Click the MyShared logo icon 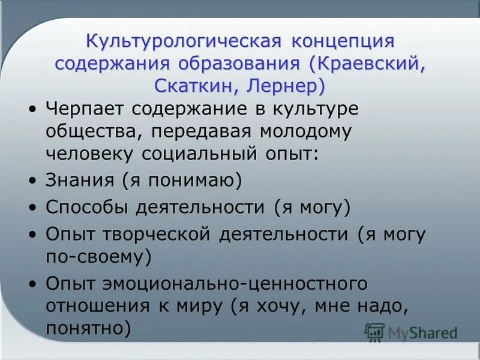(x=375, y=332)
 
